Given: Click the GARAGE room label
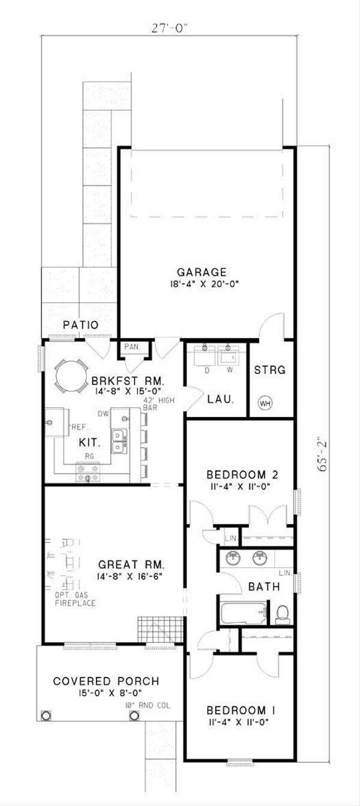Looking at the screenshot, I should pos(201,271).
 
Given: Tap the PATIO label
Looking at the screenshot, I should pos(80,325).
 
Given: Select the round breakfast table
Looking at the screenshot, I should pos(71,375).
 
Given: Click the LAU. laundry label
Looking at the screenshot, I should pos(217,398).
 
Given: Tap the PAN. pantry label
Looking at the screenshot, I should pos(131,347).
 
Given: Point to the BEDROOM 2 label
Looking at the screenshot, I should pos(239,475).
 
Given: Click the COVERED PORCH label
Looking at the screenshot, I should pos(106,681).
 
